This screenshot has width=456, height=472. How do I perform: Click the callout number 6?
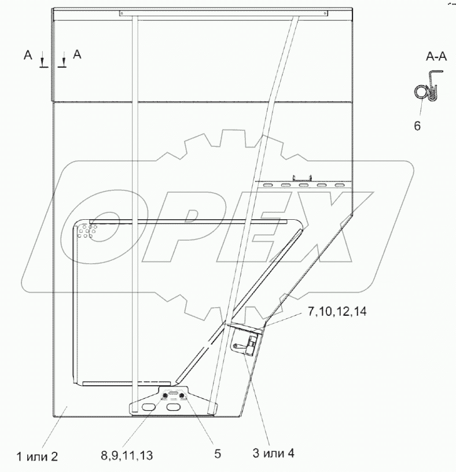417,126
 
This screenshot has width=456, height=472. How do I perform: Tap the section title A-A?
436,57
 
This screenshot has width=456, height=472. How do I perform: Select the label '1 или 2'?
36,456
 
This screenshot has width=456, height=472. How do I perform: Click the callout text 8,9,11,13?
127,456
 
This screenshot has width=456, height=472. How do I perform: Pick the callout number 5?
218,454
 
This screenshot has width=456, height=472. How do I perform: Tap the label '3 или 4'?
273,453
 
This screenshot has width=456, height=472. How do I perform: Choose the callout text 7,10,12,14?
337,311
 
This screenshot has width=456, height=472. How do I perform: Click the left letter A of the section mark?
28,55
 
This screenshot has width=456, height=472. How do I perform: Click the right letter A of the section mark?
77,54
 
